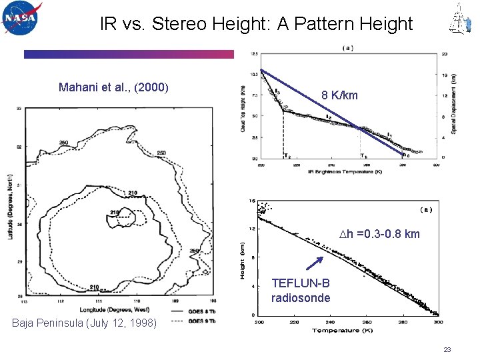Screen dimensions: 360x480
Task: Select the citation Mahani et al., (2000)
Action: pos(114,87)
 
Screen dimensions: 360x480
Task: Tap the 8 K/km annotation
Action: pos(339,95)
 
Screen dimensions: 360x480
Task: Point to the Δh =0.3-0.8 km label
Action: pos(379,234)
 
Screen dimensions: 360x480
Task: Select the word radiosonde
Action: pos(301,298)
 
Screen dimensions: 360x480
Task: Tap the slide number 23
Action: pos(447,349)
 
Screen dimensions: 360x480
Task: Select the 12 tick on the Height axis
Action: pos(252,229)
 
